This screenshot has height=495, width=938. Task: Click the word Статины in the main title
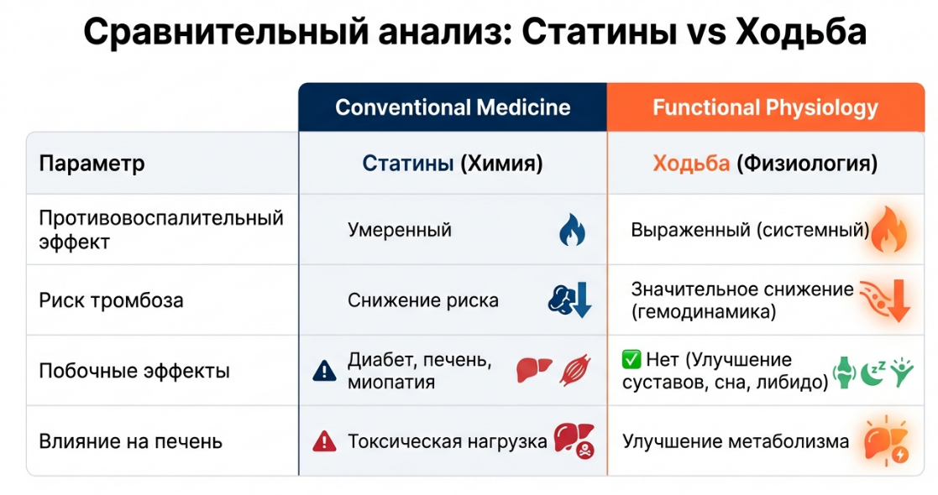tap(595, 32)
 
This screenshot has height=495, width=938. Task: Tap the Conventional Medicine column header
tap(453, 107)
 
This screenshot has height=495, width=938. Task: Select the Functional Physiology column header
tap(766, 107)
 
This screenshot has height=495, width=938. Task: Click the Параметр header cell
tap(92, 164)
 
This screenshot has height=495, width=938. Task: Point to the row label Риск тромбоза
tap(112, 300)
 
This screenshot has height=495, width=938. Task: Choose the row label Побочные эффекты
tap(134, 371)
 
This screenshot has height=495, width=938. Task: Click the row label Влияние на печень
tap(131, 441)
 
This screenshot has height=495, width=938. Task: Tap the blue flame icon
tap(572, 230)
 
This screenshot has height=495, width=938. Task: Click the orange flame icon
tap(889, 229)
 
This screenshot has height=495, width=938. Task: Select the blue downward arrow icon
tap(581, 300)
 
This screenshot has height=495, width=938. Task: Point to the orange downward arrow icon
tap(898, 300)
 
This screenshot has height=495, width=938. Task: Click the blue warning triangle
tap(324, 371)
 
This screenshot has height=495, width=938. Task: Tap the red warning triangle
tap(324, 442)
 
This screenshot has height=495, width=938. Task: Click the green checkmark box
tap(631, 360)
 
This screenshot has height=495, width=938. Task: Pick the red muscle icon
tap(575, 370)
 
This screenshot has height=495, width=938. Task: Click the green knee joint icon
tap(844, 373)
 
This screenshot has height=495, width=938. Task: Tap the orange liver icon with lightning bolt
tap(887, 441)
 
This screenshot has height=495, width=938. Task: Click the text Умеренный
tap(400, 230)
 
